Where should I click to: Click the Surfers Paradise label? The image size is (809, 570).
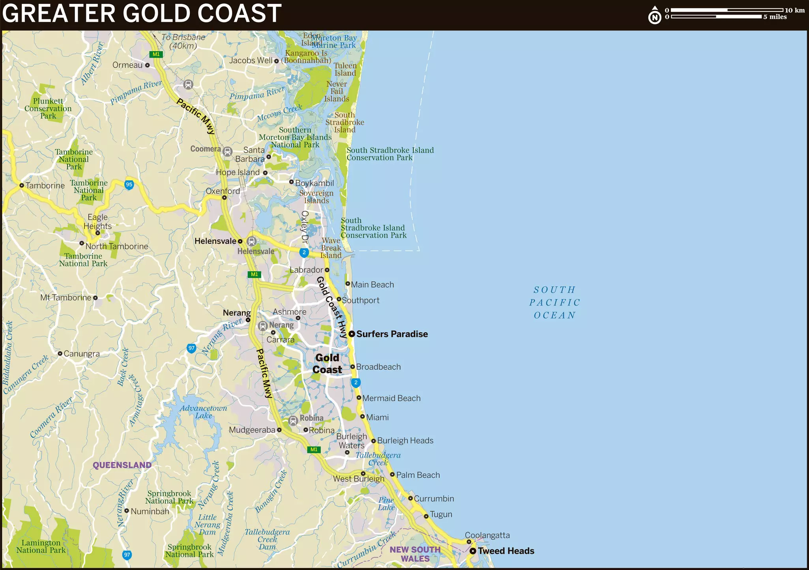tap(392, 334)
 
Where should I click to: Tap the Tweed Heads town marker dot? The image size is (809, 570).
tap(473, 551)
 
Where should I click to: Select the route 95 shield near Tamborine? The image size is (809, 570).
tap(129, 184)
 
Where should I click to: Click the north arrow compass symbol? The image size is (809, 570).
tap(655, 15)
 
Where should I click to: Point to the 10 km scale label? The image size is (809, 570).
tap(794, 10)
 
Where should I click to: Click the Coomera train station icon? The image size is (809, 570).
tap(227, 151)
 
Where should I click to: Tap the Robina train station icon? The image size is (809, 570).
tap(293, 421)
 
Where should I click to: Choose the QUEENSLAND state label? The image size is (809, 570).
tap(122, 465)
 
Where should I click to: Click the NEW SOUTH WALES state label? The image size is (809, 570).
tap(415, 554)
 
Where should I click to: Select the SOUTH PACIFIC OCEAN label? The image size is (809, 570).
tap(554, 302)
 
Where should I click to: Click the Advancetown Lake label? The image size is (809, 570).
tap(203, 412)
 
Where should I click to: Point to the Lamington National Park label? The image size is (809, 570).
tap(41, 546)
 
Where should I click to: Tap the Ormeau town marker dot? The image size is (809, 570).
tap(147, 65)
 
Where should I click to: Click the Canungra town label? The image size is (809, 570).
tap(82, 354)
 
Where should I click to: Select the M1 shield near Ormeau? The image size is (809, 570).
tap(156, 54)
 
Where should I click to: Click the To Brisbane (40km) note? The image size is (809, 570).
tap(183, 41)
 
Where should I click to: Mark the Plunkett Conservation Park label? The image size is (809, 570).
tap(48, 108)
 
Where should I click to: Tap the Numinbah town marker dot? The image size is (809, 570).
tap(127, 511)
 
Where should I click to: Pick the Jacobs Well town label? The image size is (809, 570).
tap(251, 60)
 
